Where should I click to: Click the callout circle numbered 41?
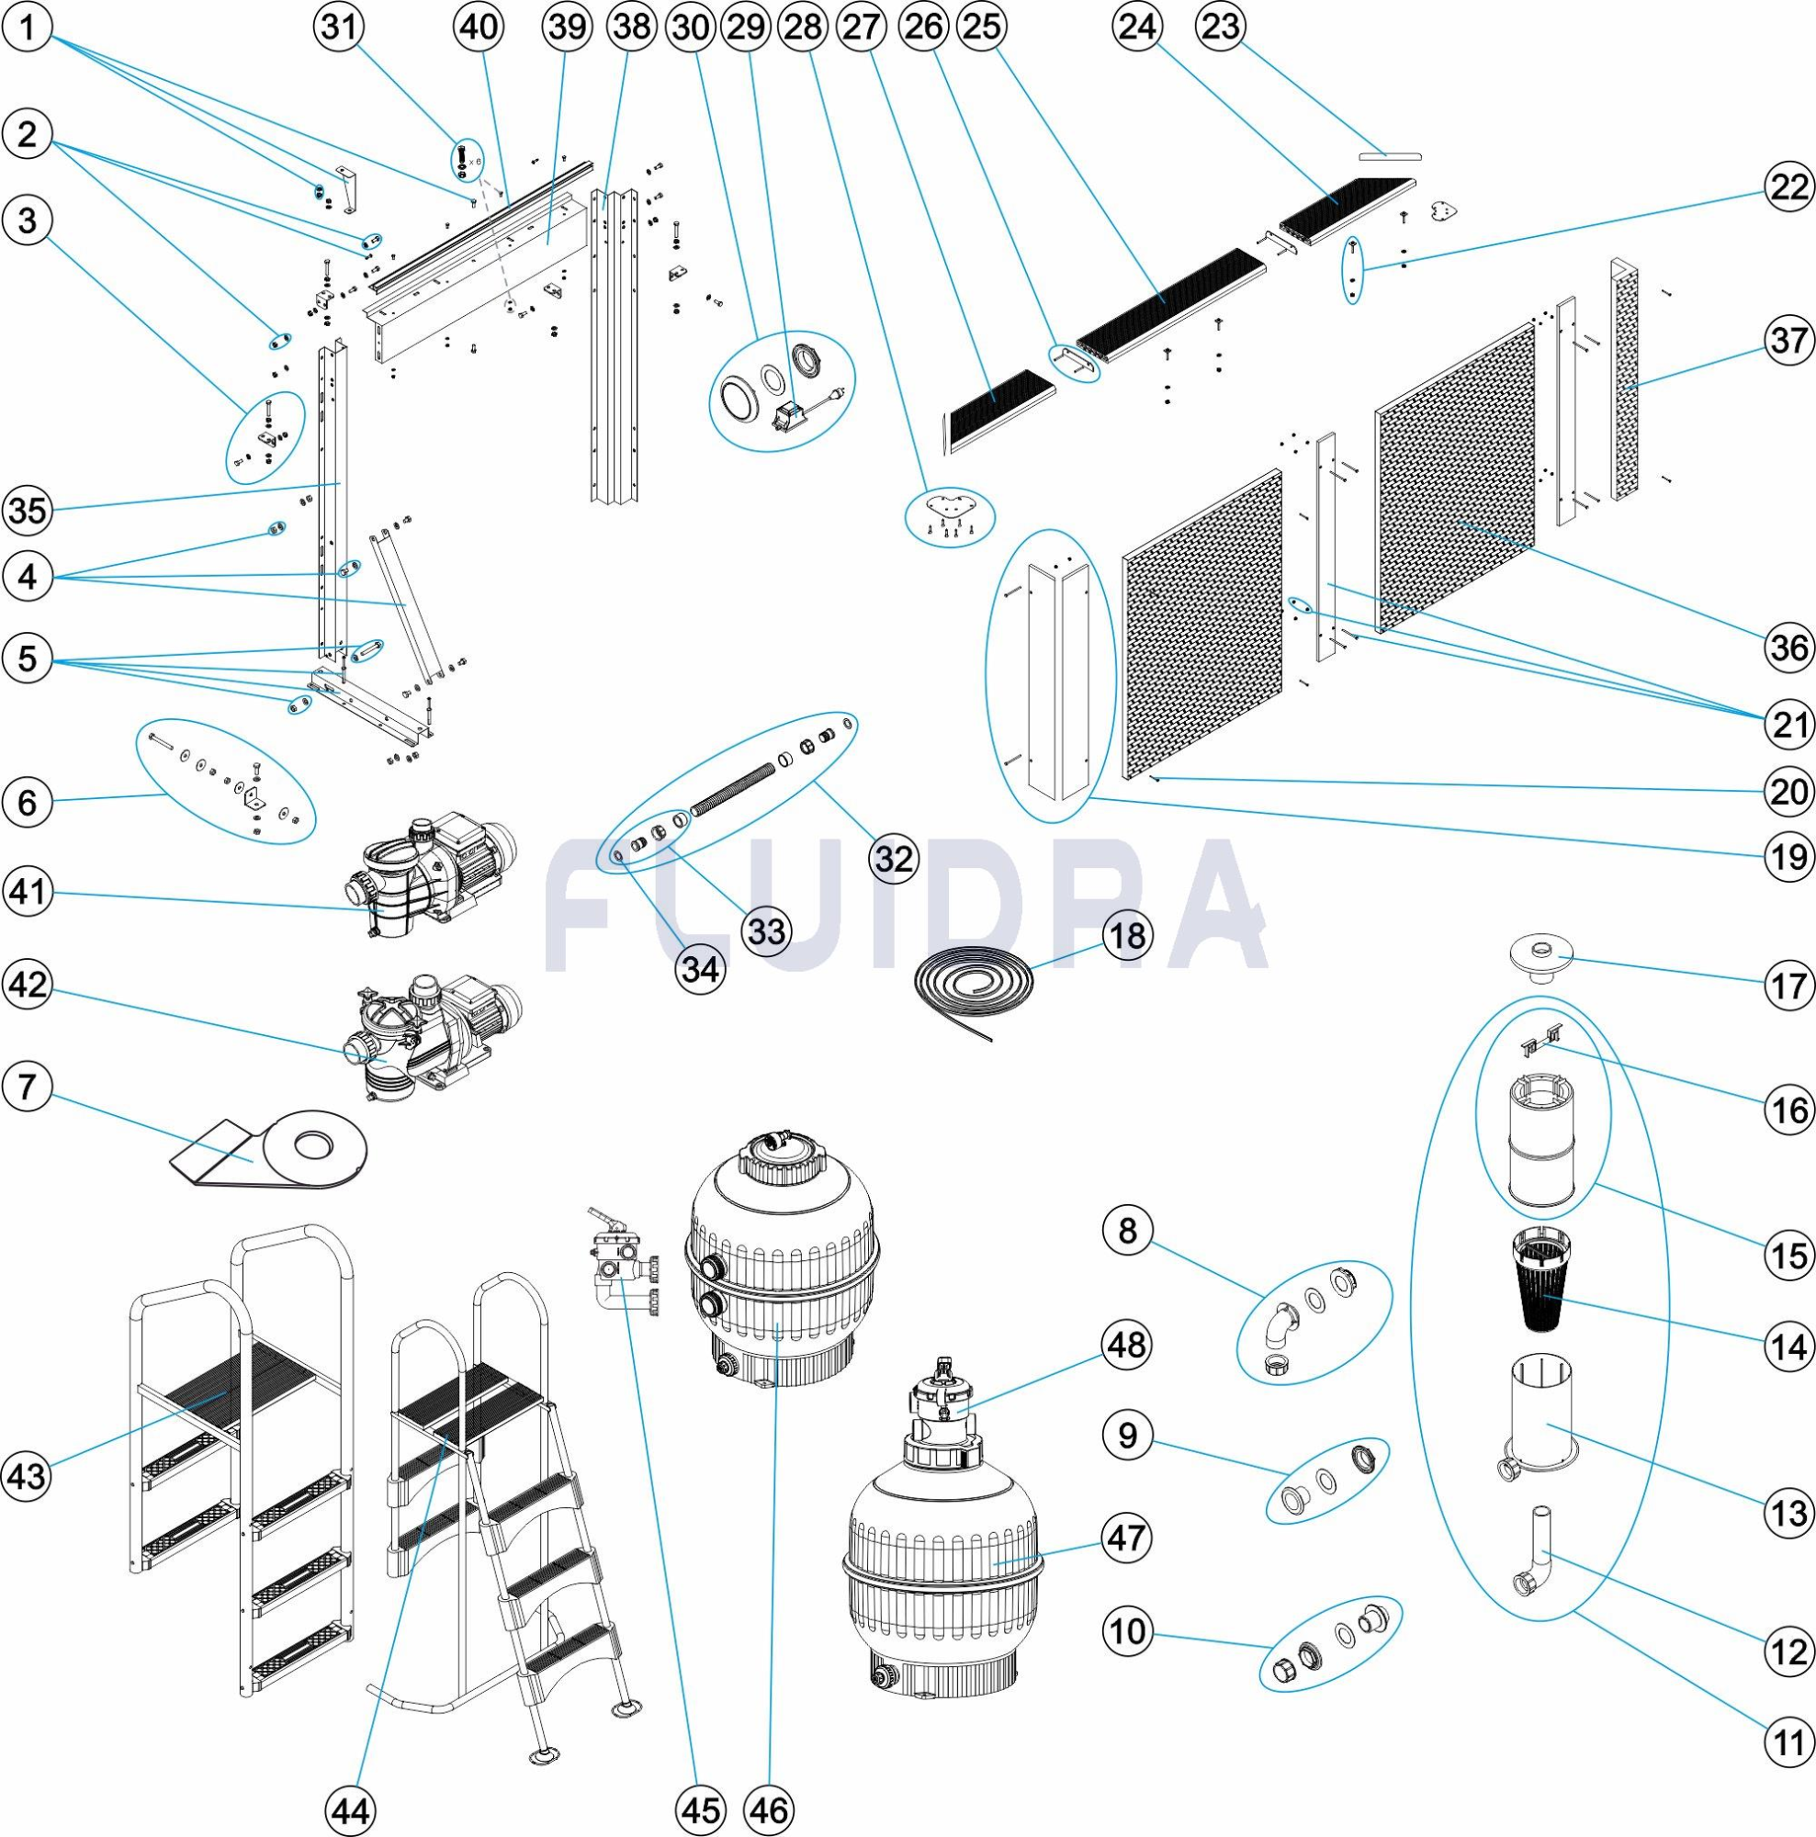pos(28,892)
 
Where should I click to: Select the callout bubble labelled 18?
pos(1128,935)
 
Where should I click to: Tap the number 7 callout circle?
pos(28,1086)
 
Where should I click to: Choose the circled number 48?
pos(1128,1345)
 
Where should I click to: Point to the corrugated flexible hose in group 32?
pos(732,787)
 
